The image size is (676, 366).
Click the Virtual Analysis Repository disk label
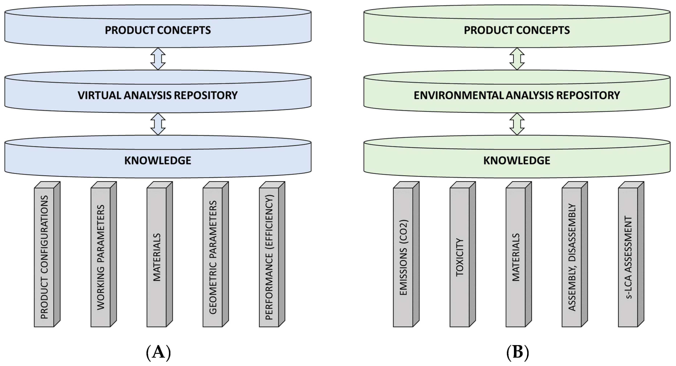click(158, 95)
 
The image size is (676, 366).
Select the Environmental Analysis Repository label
click(517, 95)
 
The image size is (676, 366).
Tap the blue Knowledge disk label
click(158, 160)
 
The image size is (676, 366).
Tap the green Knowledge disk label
click(517, 160)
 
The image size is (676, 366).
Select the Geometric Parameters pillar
click(213, 257)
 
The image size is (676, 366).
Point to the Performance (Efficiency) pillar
click(269, 257)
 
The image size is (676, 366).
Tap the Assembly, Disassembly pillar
click(572, 257)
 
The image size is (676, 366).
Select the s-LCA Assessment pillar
click(628, 257)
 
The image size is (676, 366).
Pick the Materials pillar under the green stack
click(516, 257)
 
